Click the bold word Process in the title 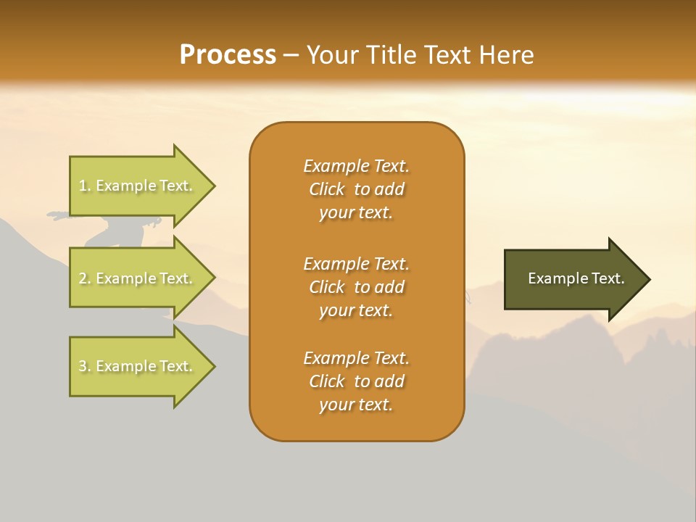tap(228, 55)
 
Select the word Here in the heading tap(506, 54)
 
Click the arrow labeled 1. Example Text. tap(142, 186)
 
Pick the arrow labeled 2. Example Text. tap(142, 278)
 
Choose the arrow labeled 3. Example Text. tap(142, 366)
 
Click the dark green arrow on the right tap(577, 279)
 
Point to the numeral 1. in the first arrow tap(85, 186)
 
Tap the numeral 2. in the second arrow tap(85, 278)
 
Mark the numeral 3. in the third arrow tap(85, 365)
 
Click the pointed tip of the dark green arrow tap(651, 279)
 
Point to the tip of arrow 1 tap(216, 186)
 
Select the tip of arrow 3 tap(216, 366)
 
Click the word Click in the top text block tap(327, 189)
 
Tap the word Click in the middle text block tap(327, 287)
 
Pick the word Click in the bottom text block tap(327, 381)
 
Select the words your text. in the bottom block tap(356, 405)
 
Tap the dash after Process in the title tap(291, 57)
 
